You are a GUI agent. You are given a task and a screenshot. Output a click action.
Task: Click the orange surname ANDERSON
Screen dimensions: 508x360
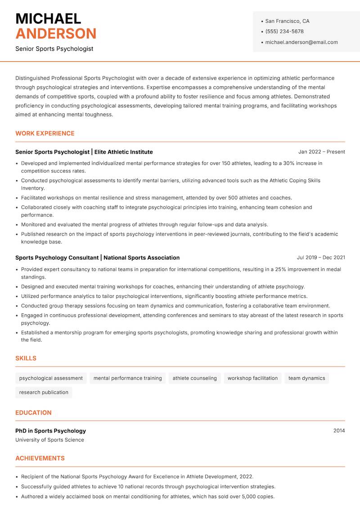click(x=56, y=34)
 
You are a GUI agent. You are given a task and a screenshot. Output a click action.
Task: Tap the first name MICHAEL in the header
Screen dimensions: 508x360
click(x=48, y=18)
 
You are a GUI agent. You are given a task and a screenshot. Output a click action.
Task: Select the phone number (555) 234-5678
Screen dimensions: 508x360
click(x=284, y=31)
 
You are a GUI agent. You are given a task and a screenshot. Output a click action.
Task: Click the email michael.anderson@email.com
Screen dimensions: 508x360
click(x=301, y=42)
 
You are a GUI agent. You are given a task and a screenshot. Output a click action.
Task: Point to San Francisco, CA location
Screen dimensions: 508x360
click(x=287, y=21)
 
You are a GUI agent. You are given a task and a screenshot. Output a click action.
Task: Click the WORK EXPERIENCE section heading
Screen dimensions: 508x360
click(x=45, y=134)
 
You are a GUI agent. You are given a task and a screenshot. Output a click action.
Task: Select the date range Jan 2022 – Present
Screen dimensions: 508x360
click(x=321, y=152)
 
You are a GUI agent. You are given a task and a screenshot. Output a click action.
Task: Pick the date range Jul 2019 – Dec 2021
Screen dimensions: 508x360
click(x=321, y=258)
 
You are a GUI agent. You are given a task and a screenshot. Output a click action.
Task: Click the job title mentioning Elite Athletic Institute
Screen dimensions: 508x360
click(x=84, y=152)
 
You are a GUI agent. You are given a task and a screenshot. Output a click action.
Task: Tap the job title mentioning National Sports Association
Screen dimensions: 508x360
click(x=97, y=258)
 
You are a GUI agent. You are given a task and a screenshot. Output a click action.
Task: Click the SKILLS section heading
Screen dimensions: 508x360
click(x=26, y=358)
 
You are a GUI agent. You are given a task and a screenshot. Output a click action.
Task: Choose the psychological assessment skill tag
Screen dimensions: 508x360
click(x=51, y=378)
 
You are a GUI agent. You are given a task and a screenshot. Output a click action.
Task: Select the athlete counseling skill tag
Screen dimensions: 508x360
click(x=194, y=378)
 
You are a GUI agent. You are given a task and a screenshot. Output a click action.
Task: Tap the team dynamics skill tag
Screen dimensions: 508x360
click(x=306, y=378)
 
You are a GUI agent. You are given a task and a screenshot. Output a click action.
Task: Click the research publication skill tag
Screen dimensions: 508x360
click(x=44, y=392)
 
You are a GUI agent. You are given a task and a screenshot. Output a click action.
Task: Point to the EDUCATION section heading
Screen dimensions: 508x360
click(x=33, y=413)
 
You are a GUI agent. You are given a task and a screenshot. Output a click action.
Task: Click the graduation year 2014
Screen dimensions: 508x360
click(x=339, y=431)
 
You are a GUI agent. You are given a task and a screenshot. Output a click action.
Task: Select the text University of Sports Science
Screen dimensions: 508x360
click(x=49, y=440)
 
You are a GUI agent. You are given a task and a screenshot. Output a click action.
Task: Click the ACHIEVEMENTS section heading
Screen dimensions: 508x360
click(x=40, y=458)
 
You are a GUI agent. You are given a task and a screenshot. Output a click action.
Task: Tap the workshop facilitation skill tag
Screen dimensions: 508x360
click(x=252, y=378)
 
